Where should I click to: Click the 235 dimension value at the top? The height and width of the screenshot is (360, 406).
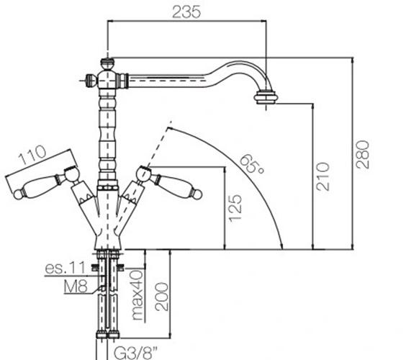[186, 12]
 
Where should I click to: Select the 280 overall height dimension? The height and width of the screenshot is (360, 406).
[362, 154]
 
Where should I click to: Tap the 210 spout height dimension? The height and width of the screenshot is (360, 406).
[322, 176]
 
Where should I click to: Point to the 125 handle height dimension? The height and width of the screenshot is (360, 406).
[235, 208]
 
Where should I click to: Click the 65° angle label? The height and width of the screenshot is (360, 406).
[252, 164]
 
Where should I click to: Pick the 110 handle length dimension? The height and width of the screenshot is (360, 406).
[33, 155]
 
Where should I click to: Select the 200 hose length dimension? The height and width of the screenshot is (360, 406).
[161, 297]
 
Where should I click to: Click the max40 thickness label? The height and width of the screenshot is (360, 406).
[137, 295]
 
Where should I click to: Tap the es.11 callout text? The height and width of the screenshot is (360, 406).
[65, 268]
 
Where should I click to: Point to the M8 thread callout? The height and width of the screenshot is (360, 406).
[76, 287]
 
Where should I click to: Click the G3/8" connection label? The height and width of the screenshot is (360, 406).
[135, 354]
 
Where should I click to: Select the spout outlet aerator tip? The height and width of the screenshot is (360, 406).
[266, 97]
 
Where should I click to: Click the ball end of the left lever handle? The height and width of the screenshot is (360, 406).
[18, 195]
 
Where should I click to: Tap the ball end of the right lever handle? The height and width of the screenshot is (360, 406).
[197, 194]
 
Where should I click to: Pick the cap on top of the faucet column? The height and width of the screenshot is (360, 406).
[107, 63]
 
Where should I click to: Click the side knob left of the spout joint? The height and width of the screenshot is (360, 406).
[91, 80]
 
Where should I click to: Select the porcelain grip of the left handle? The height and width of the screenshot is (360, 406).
[40, 186]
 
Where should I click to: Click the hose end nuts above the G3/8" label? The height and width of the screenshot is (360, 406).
[108, 335]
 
